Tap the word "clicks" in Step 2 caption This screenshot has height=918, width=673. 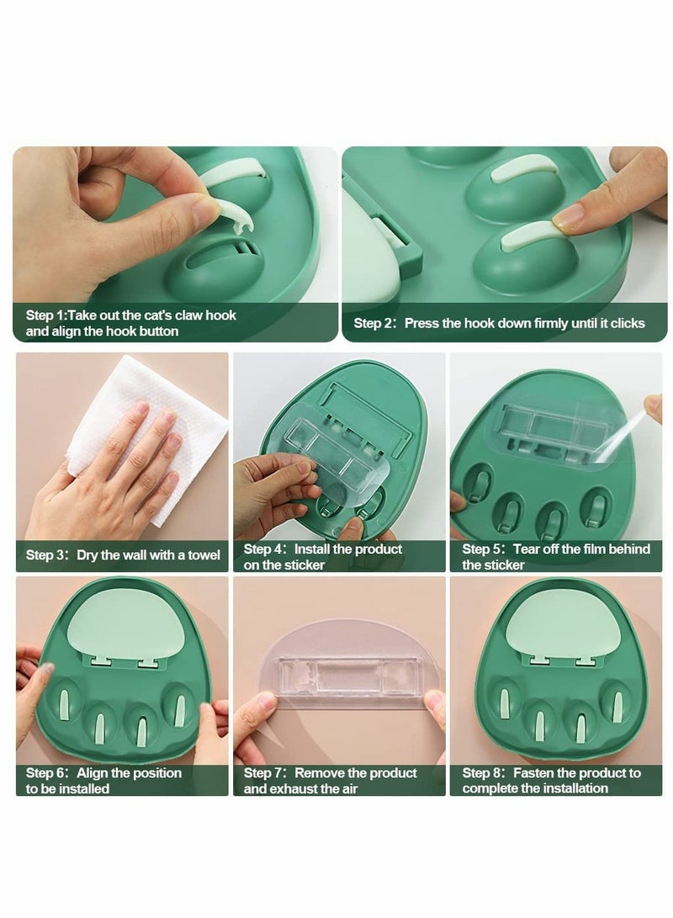pos(624,323)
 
